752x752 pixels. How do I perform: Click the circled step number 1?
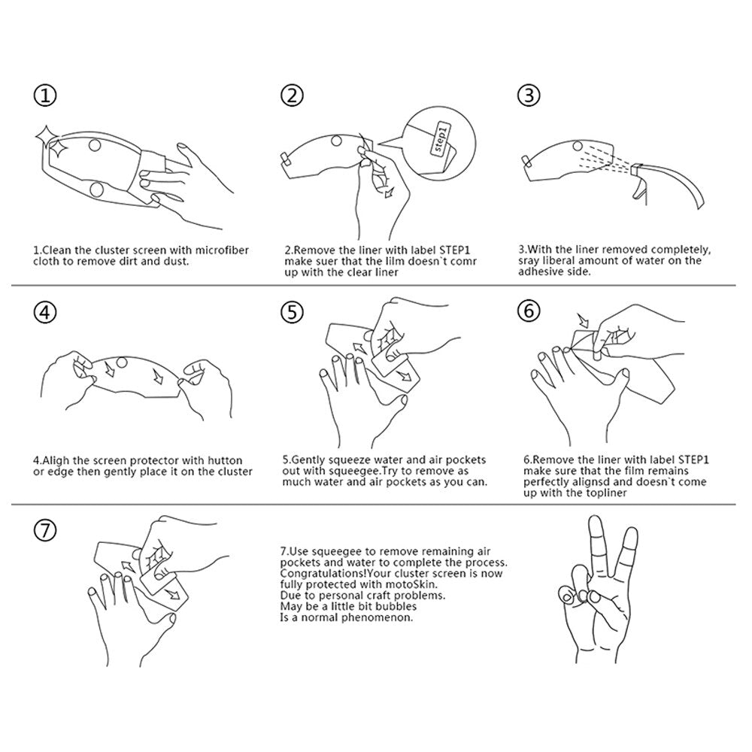pyautogui.click(x=45, y=96)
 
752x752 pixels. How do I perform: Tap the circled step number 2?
pyautogui.click(x=292, y=95)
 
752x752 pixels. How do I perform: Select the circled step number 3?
pyautogui.click(x=529, y=95)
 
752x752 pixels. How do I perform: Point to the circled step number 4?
pyautogui.click(x=45, y=312)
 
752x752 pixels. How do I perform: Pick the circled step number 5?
pyautogui.click(x=292, y=312)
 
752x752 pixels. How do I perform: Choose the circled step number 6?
pyautogui.click(x=529, y=311)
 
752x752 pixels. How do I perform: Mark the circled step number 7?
pyautogui.click(x=45, y=530)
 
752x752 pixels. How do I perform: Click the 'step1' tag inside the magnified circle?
pyautogui.click(x=441, y=138)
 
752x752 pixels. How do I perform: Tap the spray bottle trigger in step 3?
pyautogui.click(x=638, y=191)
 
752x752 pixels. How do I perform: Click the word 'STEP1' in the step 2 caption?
pyautogui.click(x=455, y=250)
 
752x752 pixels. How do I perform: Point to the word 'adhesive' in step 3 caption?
pyautogui.click(x=538, y=271)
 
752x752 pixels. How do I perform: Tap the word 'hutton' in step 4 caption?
pyautogui.click(x=225, y=460)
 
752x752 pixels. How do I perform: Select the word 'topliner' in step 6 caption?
pyautogui.click(x=605, y=493)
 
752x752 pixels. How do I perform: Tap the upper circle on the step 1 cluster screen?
pyautogui.click(x=95, y=144)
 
